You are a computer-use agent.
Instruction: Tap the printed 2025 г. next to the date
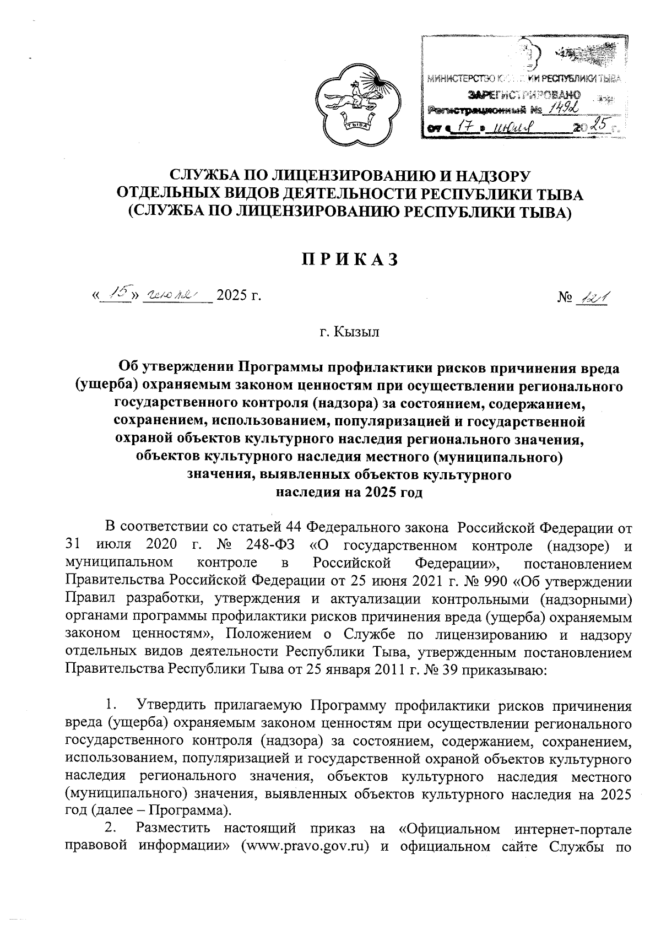pyautogui.click(x=238, y=296)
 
